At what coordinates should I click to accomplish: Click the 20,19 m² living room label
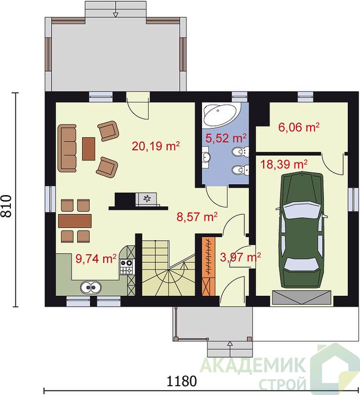[x=156, y=146]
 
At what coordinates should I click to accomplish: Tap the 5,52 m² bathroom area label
[x=226, y=138]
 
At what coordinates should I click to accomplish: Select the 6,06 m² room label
[x=299, y=127]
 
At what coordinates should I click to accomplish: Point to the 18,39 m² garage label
[x=283, y=164]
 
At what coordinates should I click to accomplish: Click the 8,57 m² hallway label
[x=197, y=217]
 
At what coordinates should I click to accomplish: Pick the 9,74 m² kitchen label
[x=96, y=258]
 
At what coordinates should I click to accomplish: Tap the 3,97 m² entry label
[x=240, y=257]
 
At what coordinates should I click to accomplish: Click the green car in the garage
[x=302, y=230]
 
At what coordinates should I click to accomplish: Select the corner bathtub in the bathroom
[x=220, y=115]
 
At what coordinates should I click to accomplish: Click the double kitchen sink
[x=91, y=287]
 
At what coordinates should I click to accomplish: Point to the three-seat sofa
[x=67, y=148]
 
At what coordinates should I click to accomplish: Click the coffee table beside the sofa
[x=89, y=149]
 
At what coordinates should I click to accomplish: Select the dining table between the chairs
[x=75, y=221]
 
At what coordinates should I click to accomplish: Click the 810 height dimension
[x=6, y=206]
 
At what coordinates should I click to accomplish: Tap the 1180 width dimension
[x=182, y=381]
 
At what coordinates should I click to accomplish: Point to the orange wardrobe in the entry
[x=208, y=266]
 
